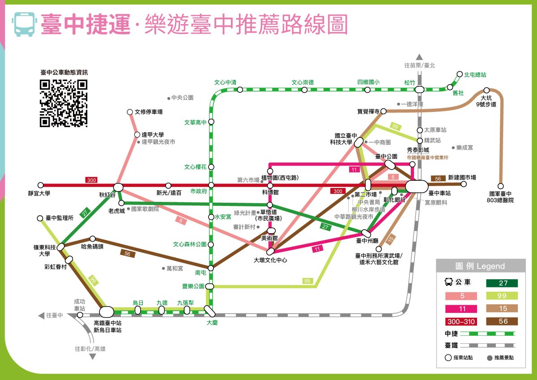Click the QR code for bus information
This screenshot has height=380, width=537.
point(63,103)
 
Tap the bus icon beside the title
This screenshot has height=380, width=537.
point(24,24)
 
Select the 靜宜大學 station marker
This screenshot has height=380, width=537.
point(41,185)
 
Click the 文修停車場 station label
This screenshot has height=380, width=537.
point(149,112)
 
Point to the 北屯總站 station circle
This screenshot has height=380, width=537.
point(460,75)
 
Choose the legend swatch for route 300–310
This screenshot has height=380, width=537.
point(460,321)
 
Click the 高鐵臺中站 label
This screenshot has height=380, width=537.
point(107,323)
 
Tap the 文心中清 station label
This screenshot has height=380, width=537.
point(225,82)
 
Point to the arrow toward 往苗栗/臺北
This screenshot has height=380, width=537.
point(419,57)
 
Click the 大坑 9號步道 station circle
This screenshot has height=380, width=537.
point(486,90)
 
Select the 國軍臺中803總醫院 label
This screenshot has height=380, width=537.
point(500,197)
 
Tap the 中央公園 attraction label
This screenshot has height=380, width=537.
point(183,98)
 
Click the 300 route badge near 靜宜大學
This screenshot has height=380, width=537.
point(91,180)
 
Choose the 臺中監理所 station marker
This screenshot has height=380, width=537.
point(40,218)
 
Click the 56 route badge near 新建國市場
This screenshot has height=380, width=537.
point(438,179)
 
